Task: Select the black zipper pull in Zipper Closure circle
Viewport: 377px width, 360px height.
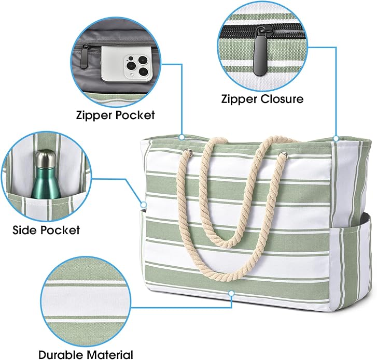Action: pos(260,51)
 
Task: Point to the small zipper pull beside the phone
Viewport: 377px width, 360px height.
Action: pos(84,56)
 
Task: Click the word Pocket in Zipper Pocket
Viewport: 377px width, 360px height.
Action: pos(135,115)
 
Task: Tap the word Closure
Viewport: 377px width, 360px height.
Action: pos(282,99)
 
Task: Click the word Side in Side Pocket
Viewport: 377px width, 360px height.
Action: pos(24,230)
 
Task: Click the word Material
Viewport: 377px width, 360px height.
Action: pos(110,354)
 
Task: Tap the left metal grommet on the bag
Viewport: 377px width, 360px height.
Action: pos(188,152)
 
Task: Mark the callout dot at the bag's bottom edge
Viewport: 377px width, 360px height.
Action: pos(231,293)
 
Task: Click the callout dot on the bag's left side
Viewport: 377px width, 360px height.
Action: pos(144,205)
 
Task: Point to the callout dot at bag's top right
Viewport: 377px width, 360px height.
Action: pos(336,138)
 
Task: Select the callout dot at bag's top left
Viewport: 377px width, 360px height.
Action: pos(182,137)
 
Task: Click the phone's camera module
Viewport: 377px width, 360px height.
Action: pos(136,65)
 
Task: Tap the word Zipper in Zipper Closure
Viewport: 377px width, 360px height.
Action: pos(240,99)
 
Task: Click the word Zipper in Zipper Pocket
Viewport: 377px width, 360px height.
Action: pos(95,116)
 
